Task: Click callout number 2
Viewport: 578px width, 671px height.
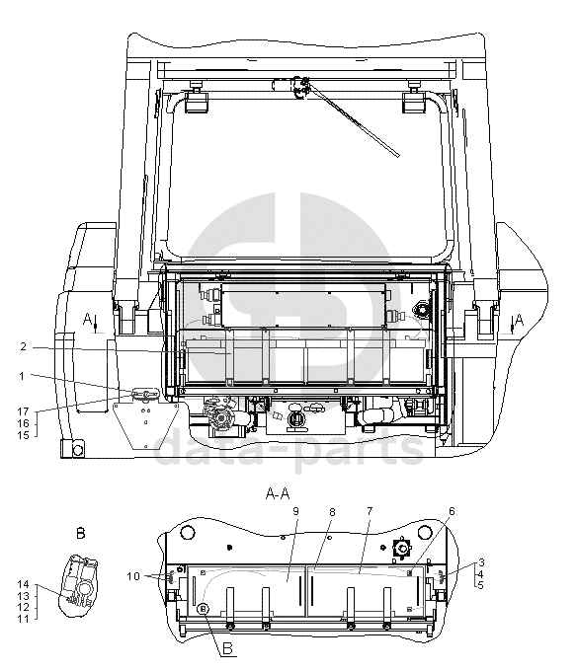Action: [23, 347]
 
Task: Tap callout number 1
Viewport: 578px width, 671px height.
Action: [22, 377]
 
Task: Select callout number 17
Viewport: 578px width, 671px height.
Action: [23, 411]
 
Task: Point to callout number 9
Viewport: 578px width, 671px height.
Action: [295, 511]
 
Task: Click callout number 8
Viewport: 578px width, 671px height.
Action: [332, 512]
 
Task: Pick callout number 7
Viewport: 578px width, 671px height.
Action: [370, 511]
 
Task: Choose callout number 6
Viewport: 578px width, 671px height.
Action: [452, 511]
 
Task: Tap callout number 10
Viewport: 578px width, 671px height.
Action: [133, 576]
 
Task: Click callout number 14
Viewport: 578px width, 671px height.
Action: [23, 584]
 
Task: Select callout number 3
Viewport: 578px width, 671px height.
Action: [481, 562]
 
